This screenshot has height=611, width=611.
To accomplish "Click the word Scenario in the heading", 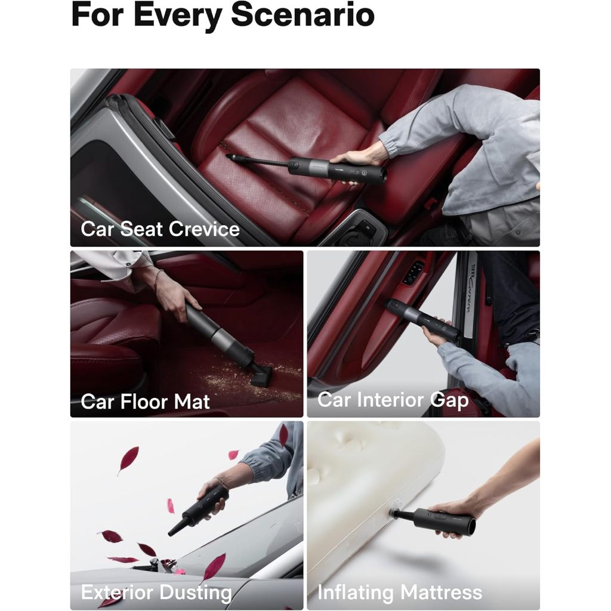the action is [303, 14].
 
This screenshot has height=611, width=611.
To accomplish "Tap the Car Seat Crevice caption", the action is [160, 229].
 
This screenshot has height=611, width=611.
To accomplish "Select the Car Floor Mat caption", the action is [145, 402].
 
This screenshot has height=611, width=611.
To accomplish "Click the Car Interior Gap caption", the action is [393, 400].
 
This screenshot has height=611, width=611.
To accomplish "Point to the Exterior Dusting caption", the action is [157, 593].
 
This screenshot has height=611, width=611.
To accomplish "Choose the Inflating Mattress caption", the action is [400, 593].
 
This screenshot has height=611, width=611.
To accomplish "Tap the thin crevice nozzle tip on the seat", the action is [229, 157].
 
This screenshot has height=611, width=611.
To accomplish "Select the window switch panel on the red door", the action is [414, 272].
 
